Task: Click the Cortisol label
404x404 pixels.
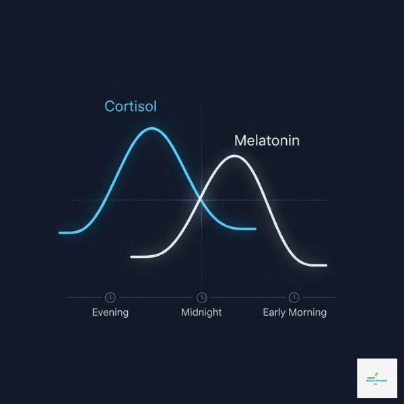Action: (131, 106)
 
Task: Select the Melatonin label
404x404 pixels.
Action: (267, 141)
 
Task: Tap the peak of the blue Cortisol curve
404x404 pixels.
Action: (153, 128)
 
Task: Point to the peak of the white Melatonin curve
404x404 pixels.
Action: (234, 156)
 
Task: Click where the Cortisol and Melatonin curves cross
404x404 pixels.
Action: (201, 198)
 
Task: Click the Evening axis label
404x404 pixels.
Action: (110, 312)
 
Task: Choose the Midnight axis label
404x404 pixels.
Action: (201, 312)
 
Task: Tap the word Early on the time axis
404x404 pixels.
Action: (275, 312)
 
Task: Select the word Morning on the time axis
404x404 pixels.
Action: (308, 312)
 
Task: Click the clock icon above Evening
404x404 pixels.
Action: (110, 297)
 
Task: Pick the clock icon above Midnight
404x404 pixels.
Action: (201, 297)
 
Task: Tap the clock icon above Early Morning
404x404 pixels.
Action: (294, 297)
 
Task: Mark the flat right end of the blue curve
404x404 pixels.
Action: (253, 229)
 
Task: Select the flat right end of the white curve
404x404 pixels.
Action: (324, 265)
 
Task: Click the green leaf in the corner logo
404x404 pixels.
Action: (377, 374)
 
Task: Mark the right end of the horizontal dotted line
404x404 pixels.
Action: (329, 200)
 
